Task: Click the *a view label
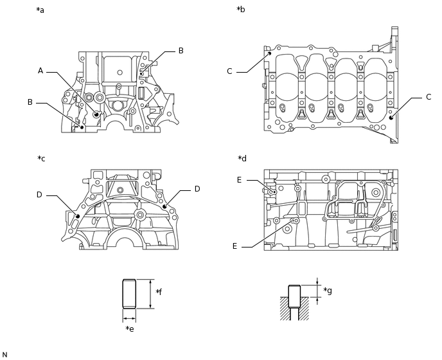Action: coord(40,10)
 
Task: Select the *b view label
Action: coord(240,10)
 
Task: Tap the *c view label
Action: coord(41,158)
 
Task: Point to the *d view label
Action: coord(242,159)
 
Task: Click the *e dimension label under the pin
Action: coord(130,329)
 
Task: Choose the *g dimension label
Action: coord(327,291)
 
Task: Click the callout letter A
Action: coord(40,71)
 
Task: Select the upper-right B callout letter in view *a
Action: coord(181,50)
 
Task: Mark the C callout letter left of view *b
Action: coord(229,71)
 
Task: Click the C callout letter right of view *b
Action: coord(429,97)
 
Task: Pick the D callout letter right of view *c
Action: coord(197,189)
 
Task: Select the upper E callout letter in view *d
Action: coord(239,181)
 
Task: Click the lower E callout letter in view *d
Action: coord(236,246)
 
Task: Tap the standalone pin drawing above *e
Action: coord(130,294)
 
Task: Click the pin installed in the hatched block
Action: coord(294,298)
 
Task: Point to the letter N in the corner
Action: coord(4,355)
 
